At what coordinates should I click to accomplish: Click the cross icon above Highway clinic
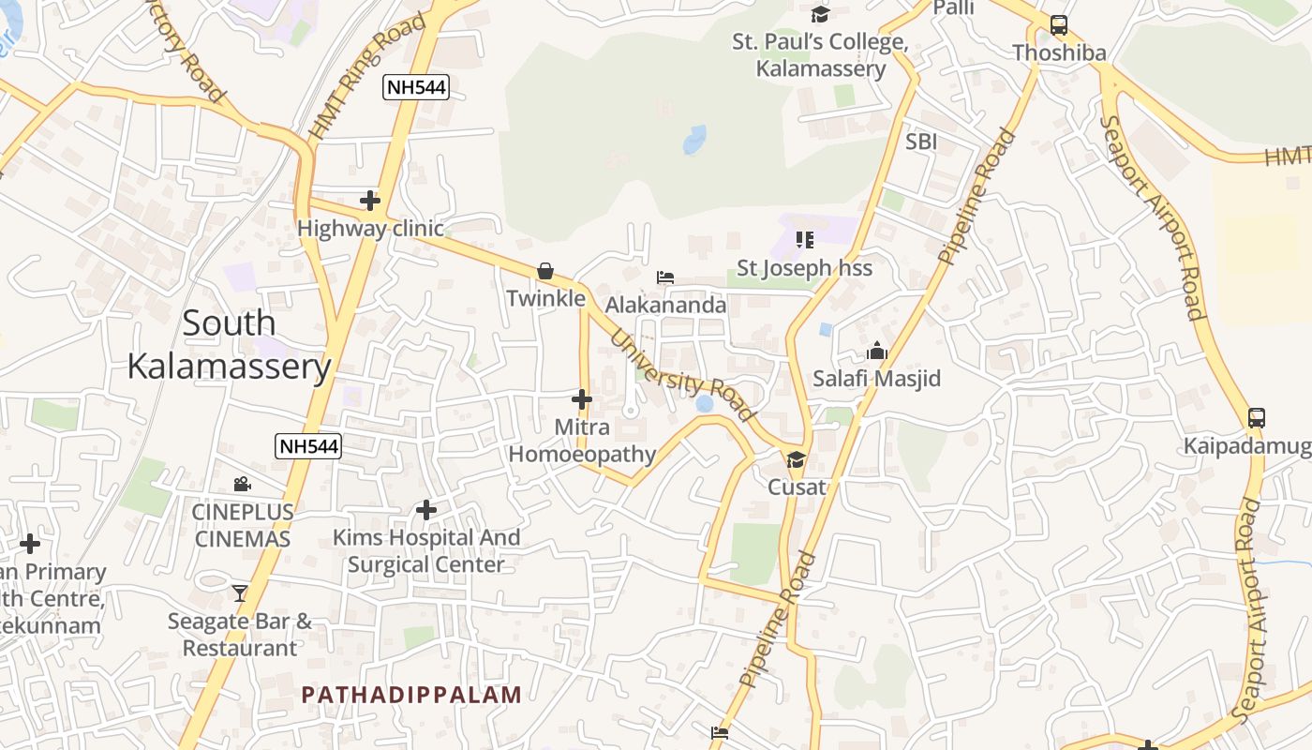tap(370, 200)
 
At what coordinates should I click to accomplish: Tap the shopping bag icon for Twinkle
tap(545, 271)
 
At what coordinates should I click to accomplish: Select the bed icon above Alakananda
tap(665, 277)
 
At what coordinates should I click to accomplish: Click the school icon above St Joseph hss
tap(804, 240)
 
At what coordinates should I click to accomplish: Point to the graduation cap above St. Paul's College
tap(821, 14)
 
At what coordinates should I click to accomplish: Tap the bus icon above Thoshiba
tap(1059, 25)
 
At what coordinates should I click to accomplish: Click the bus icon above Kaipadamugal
tap(1257, 418)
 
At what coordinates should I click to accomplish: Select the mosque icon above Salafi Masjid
tap(877, 352)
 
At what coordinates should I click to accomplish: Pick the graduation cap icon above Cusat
tap(796, 459)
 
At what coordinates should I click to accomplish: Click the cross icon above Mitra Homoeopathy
tap(582, 399)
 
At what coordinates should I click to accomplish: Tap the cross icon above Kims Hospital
tap(426, 510)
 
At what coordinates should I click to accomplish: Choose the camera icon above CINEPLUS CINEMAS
tap(243, 484)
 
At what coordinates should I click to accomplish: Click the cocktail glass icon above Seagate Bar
tap(240, 592)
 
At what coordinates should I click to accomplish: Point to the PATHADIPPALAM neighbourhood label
tap(411, 695)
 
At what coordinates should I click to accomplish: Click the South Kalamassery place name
tap(230, 344)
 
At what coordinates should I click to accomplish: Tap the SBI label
tap(921, 142)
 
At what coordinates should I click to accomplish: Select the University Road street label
tap(681, 373)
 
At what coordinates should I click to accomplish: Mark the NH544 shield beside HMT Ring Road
tap(416, 88)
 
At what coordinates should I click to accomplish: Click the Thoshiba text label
tap(1059, 52)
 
